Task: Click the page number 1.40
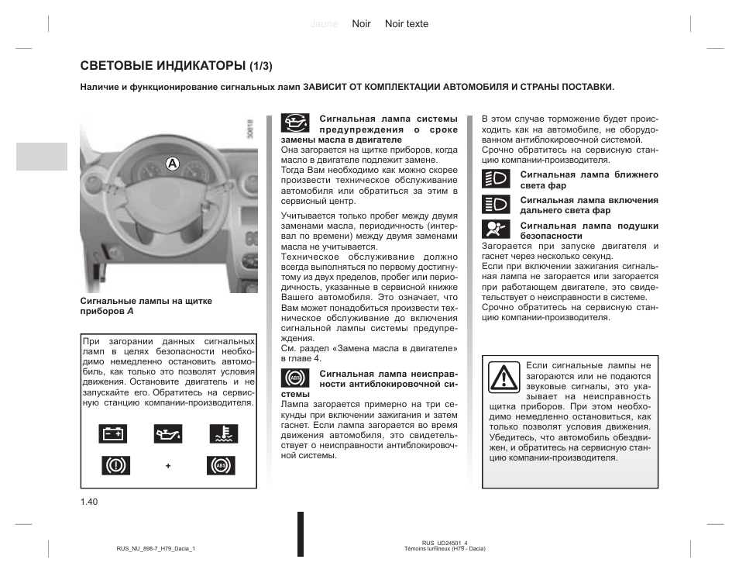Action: coord(88,502)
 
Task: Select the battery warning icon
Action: coord(114,434)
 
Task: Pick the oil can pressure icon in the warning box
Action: coord(167,434)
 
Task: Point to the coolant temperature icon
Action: coord(221,434)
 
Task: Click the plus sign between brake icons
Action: coord(167,466)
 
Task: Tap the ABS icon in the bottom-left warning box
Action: coord(221,465)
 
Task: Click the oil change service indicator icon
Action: coord(294,125)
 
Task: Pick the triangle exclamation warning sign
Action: coord(504,378)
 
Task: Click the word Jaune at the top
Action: coord(324,24)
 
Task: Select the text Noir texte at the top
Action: coord(407,24)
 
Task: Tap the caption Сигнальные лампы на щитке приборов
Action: coord(146,305)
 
